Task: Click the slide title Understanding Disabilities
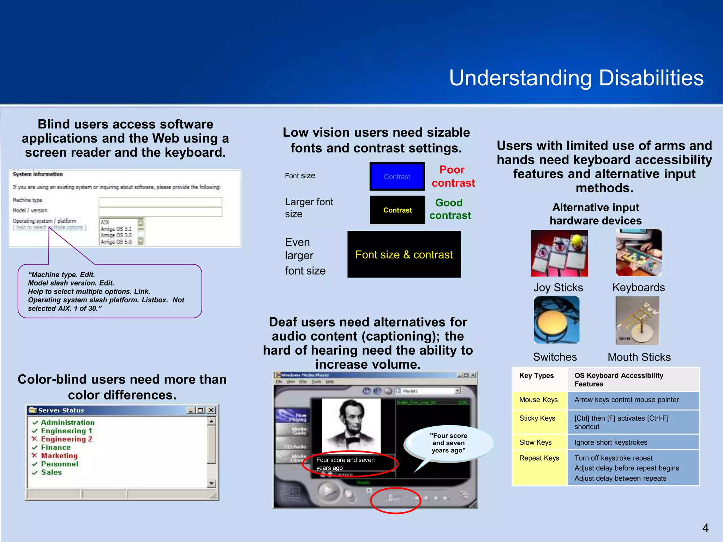point(576,78)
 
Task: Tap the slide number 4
point(705,528)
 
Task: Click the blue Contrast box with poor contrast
point(397,176)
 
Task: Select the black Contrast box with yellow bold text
point(397,210)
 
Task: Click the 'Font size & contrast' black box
point(404,254)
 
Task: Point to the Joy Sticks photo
point(559,253)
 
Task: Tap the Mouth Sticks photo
point(637,320)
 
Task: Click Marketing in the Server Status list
point(59,456)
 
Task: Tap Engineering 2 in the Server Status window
point(66,439)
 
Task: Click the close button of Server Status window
point(211,410)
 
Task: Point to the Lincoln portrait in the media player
point(351,425)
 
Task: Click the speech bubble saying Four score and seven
point(448,443)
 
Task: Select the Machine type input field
point(160,201)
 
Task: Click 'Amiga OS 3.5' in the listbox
point(116,235)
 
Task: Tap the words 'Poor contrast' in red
point(453,176)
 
